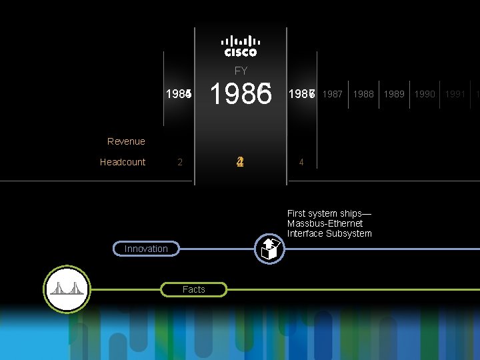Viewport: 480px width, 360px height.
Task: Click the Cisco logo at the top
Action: tap(241, 45)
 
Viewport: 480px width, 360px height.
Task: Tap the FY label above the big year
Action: tap(241, 71)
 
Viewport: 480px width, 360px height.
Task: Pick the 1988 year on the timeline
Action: tap(363, 94)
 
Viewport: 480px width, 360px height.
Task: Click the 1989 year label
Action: tap(395, 94)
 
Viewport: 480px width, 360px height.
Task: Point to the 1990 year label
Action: tap(425, 94)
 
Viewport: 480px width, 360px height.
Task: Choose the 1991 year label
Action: tap(455, 94)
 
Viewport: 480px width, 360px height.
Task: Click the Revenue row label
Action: tap(126, 141)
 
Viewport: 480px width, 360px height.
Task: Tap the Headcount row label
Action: tap(123, 162)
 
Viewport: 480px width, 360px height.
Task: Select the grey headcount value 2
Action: tap(180, 162)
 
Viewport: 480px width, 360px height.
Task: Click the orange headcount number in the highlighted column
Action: tap(241, 162)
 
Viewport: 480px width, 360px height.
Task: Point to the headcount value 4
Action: tap(301, 162)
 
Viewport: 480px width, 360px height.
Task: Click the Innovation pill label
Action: tap(146, 249)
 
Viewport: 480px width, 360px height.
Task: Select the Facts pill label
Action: tap(194, 289)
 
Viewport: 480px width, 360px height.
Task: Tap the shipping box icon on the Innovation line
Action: tap(270, 249)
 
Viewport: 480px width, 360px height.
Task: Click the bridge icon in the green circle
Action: tap(67, 289)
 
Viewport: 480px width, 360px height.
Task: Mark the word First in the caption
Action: tap(297, 213)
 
